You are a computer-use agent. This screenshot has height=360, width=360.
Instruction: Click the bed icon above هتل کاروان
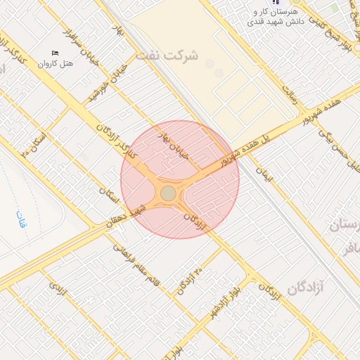tap(56, 53)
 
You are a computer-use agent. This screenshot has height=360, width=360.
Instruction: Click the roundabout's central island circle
tap(168, 193)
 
